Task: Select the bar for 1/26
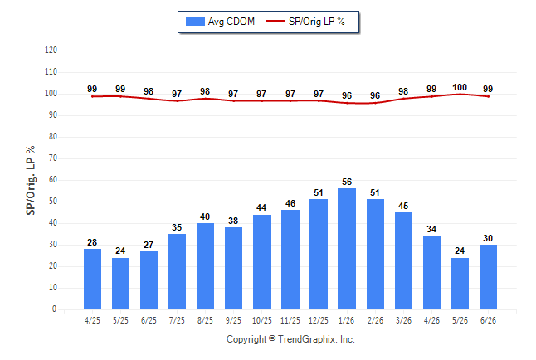[347, 249]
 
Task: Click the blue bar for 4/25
[92, 279]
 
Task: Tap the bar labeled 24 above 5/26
[460, 284]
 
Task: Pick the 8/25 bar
[205, 266]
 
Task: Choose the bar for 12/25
[319, 254]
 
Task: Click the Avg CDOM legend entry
[220, 22]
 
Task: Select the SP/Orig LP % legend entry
[305, 22]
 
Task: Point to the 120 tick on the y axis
[51, 51]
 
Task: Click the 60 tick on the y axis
[52, 180]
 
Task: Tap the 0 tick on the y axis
[54, 309]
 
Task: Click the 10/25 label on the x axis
[262, 320]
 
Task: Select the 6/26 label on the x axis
[488, 320]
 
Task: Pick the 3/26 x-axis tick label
[403, 320]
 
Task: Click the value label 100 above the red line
[460, 88]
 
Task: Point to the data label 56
[347, 182]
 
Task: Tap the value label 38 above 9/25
[233, 221]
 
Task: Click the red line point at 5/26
[460, 94]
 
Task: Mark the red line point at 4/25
[92, 96]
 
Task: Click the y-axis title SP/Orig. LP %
[31, 180]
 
